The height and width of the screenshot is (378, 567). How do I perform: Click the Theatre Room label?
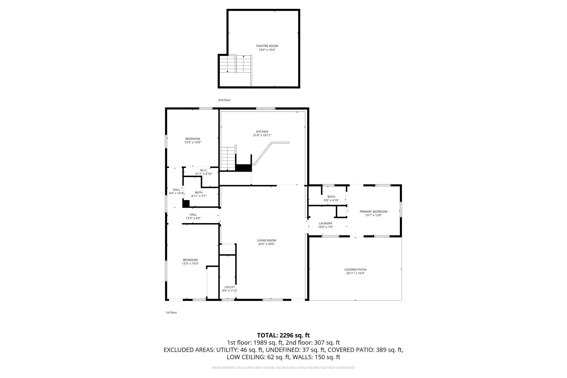pyautogui.click(x=267, y=46)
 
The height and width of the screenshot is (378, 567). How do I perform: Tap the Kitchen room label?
pyautogui.click(x=262, y=132)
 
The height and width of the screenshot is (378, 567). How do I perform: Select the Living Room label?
pyautogui.click(x=266, y=240)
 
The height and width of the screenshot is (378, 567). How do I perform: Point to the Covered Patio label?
pyautogui.click(x=355, y=269)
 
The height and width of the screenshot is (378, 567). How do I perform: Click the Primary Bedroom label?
pyautogui.click(x=373, y=211)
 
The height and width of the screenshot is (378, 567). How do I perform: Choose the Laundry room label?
pyautogui.click(x=325, y=223)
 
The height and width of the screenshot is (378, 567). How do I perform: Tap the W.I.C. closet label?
pyautogui.click(x=204, y=170)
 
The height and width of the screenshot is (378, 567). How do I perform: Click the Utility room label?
pyautogui.click(x=230, y=287)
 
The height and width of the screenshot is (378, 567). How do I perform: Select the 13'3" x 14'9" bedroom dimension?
pyautogui.click(x=193, y=142)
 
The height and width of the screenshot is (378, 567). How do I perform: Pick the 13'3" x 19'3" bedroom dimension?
pyautogui.click(x=190, y=263)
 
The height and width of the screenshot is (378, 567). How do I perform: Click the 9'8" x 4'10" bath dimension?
pyautogui.click(x=331, y=200)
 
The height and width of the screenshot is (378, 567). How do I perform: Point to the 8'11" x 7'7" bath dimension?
pyautogui.click(x=199, y=196)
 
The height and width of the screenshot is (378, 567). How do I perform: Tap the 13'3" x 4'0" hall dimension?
pyautogui.click(x=193, y=218)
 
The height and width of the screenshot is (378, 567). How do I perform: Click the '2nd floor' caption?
pyautogui.click(x=224, y=100)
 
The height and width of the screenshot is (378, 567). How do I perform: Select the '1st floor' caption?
pyautogui.click(x=171, y=313)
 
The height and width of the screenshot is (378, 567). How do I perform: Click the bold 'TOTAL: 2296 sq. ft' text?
pyautogui.click(x=283, y=335)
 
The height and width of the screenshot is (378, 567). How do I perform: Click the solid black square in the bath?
pyautogui.click(x=186, y=203)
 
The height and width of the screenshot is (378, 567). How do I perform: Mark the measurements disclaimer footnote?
pyautogui.click(x=283, y=368)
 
